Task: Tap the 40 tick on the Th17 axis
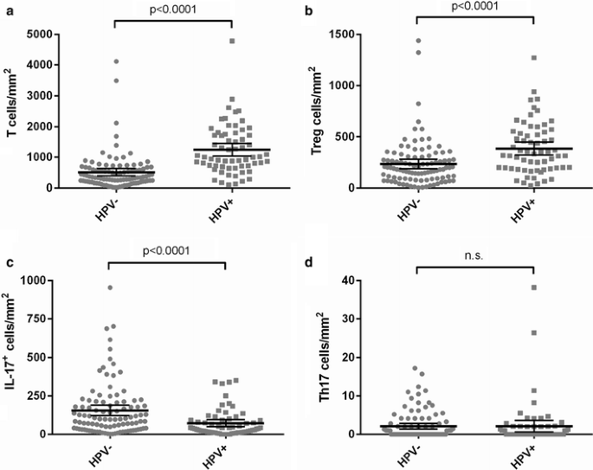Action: [351, 280]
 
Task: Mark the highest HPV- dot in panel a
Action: [117, 61]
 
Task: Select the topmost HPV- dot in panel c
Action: [110, 287]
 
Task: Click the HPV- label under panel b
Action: [409, 206]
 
